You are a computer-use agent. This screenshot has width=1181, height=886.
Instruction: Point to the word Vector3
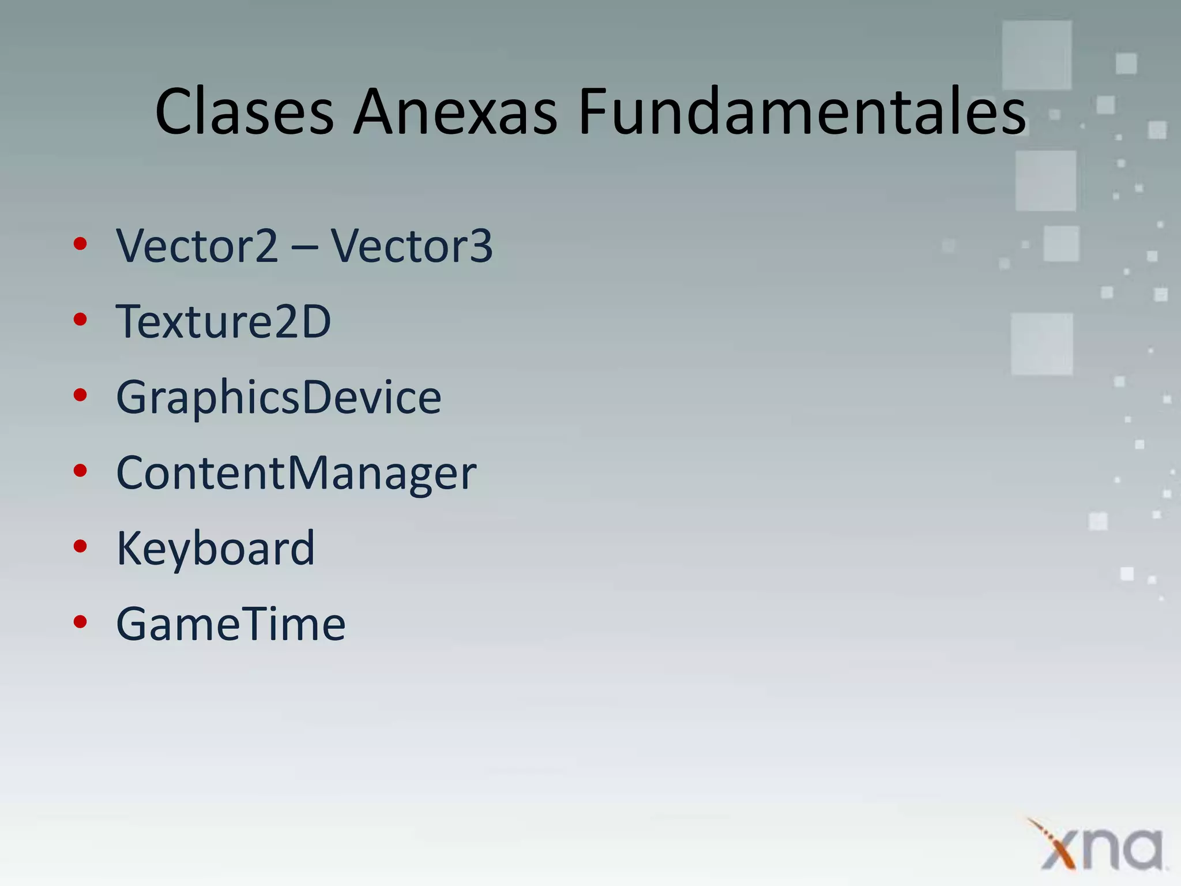point(411,246)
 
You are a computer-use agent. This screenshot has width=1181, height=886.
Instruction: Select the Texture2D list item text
point(224,321)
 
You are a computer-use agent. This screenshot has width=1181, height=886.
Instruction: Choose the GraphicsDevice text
point(279,397)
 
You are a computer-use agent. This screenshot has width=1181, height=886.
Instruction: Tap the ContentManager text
point(296,473)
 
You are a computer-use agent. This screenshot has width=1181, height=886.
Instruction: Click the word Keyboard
point(216,549)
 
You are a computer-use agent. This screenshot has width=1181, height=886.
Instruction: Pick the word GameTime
point(231,624)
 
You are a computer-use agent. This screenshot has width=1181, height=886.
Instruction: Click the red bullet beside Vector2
point(80,244)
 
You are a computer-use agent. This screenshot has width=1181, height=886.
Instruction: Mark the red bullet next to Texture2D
point(80,320)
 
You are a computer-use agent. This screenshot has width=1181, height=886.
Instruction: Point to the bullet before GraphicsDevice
point(80,395)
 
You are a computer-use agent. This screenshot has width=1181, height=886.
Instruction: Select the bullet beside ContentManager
point(80,471)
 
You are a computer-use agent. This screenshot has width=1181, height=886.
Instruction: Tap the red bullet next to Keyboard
point(80,546)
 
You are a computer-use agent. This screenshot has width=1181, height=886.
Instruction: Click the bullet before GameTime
point(80,622)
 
